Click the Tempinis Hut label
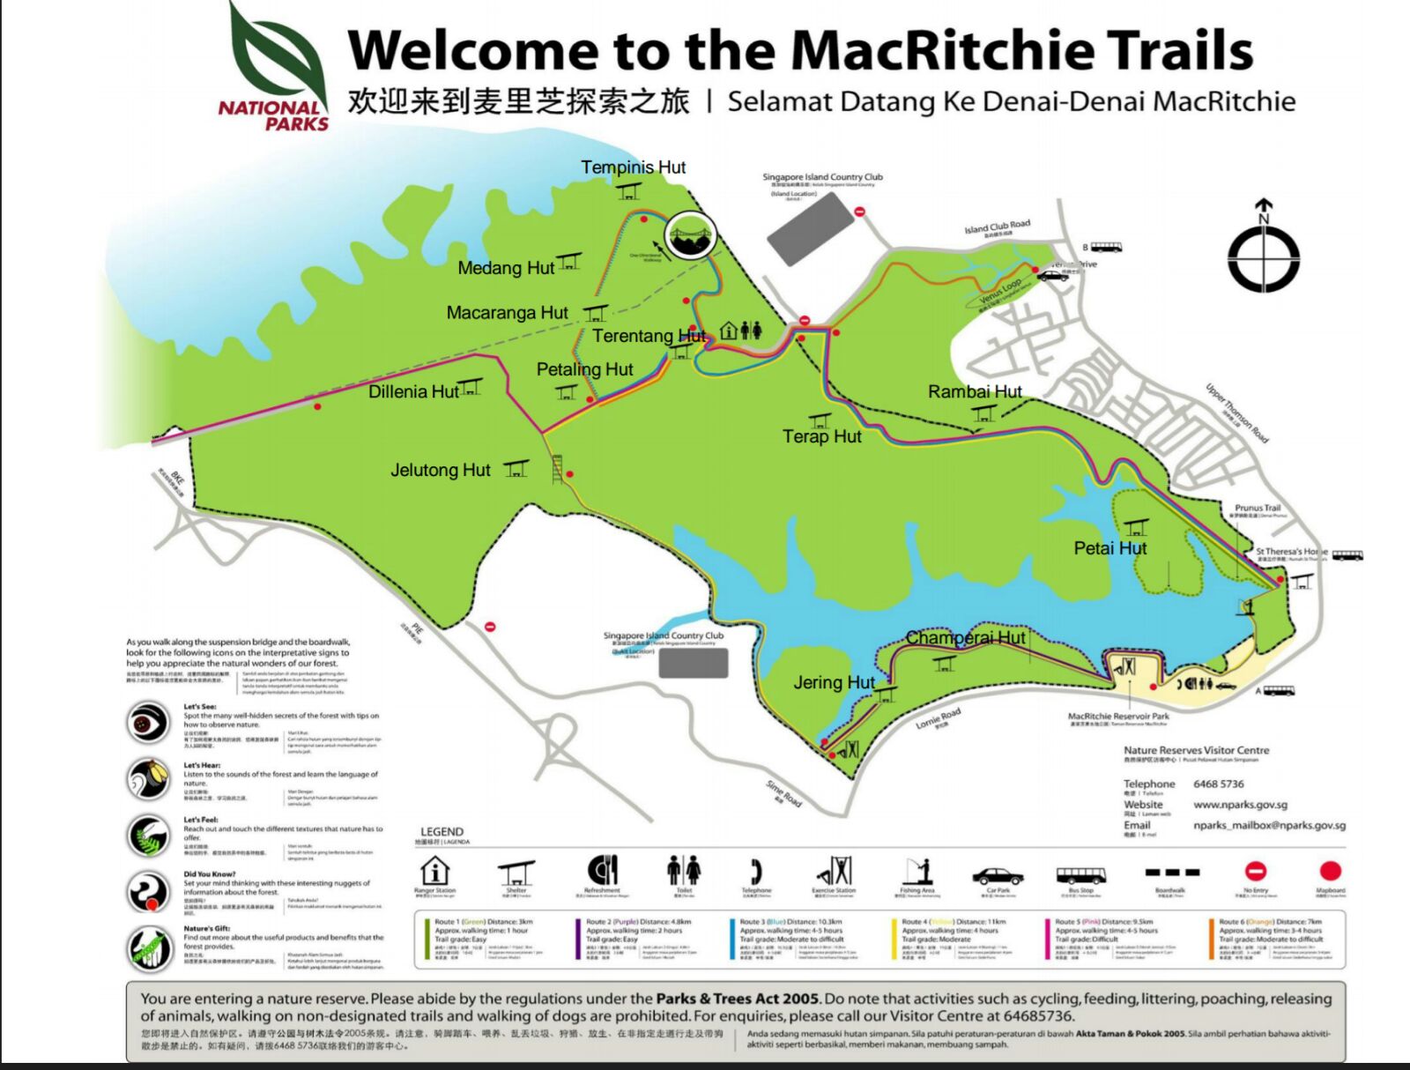pyautogui.click(x=633, y=167)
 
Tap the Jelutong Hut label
pyautogui.click(x=440, y=471)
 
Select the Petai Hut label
pyautogui.click(x=1109, y=548)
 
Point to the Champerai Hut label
pyautogui.click(x=965, y=637)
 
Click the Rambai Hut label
pyautogui.click(x=975, y=391)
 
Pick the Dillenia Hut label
pyautogui.click(x=413, y=391)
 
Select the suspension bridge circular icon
pyautogui.click(x=690, y=235)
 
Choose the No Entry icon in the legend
pyautogui.click(x=1255, y=872)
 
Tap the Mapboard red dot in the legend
pyautogui.click(x=1330, y=872)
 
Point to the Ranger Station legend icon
pyautogui.click(x=434, y=872)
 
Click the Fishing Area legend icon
pyautogui.click(x=917, y=871)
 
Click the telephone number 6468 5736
pyautogui.click(x=1218, y=784)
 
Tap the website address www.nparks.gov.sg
pyautogui.click(x=1240, y=805)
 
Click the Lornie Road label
pyautogui.click(x=938, y=719)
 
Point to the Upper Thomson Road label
pyautogui.click(x=1236, y=412)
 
